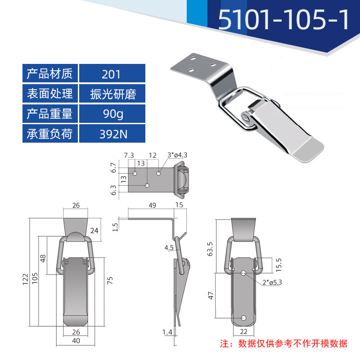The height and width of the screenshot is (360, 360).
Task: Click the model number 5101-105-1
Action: tap(283, 20)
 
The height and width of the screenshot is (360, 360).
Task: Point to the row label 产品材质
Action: tap(50, 73)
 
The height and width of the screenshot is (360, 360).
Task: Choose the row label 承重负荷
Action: tap(50, 134)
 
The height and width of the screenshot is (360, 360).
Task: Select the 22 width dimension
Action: tap(243, 333)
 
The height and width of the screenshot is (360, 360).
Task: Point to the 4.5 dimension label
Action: tap(169, 248)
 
